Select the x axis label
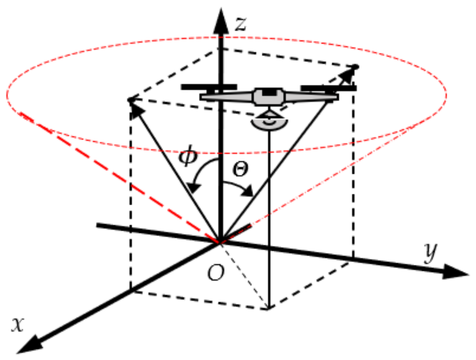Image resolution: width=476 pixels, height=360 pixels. (18, 324)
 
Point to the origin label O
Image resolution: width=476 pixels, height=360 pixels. (216, 273)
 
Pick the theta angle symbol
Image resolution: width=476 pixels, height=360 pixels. (240, 169)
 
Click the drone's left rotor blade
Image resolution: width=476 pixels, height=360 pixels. (209, 87)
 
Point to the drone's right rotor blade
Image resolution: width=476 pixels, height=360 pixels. (328, 88)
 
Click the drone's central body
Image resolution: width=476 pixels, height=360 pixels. (269, 97)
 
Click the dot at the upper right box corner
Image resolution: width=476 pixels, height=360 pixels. (356, 67)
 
